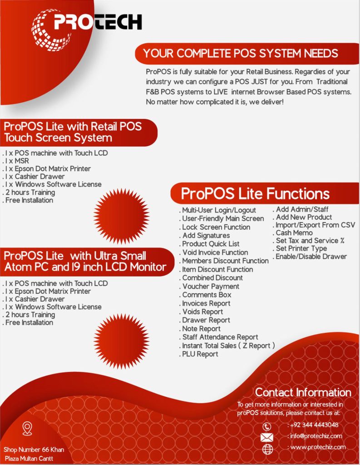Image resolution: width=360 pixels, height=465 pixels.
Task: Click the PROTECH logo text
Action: pos(98,22)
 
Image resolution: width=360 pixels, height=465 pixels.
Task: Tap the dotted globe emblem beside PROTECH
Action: pos(50,30)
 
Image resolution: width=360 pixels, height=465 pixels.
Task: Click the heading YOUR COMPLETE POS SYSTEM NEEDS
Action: pos(241,54)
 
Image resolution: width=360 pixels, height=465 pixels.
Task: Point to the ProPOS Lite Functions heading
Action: pos(255,193)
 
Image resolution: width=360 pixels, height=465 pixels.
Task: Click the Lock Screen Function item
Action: pos(215,227)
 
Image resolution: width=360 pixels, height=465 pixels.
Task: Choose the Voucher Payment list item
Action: pos(210,287)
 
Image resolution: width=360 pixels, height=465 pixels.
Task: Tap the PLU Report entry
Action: pos(199,354)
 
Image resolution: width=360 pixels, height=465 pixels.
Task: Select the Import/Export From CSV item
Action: pos(314,225)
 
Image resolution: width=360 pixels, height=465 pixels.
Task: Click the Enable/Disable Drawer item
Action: pos(310,257)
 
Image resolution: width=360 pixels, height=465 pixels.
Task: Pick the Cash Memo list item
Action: pos(293,233)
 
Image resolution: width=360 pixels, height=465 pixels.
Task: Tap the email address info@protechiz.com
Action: pos(315,436)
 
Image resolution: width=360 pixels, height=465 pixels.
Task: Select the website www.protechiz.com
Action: pos(317,447)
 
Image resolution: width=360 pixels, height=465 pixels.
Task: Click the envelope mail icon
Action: pos(267,437)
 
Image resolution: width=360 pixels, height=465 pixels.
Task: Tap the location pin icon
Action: pos(27,429)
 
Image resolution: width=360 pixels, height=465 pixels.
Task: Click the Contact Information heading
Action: pos(303,392)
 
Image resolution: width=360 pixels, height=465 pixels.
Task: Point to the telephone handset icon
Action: pos(267,426)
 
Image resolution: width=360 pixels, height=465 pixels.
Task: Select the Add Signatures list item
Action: pos(205,236)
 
